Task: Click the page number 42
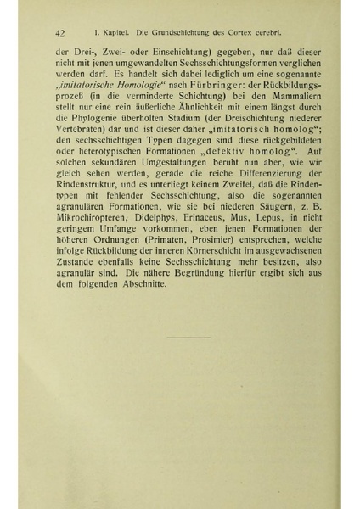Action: pyautogui.click(x=59, y=33)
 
